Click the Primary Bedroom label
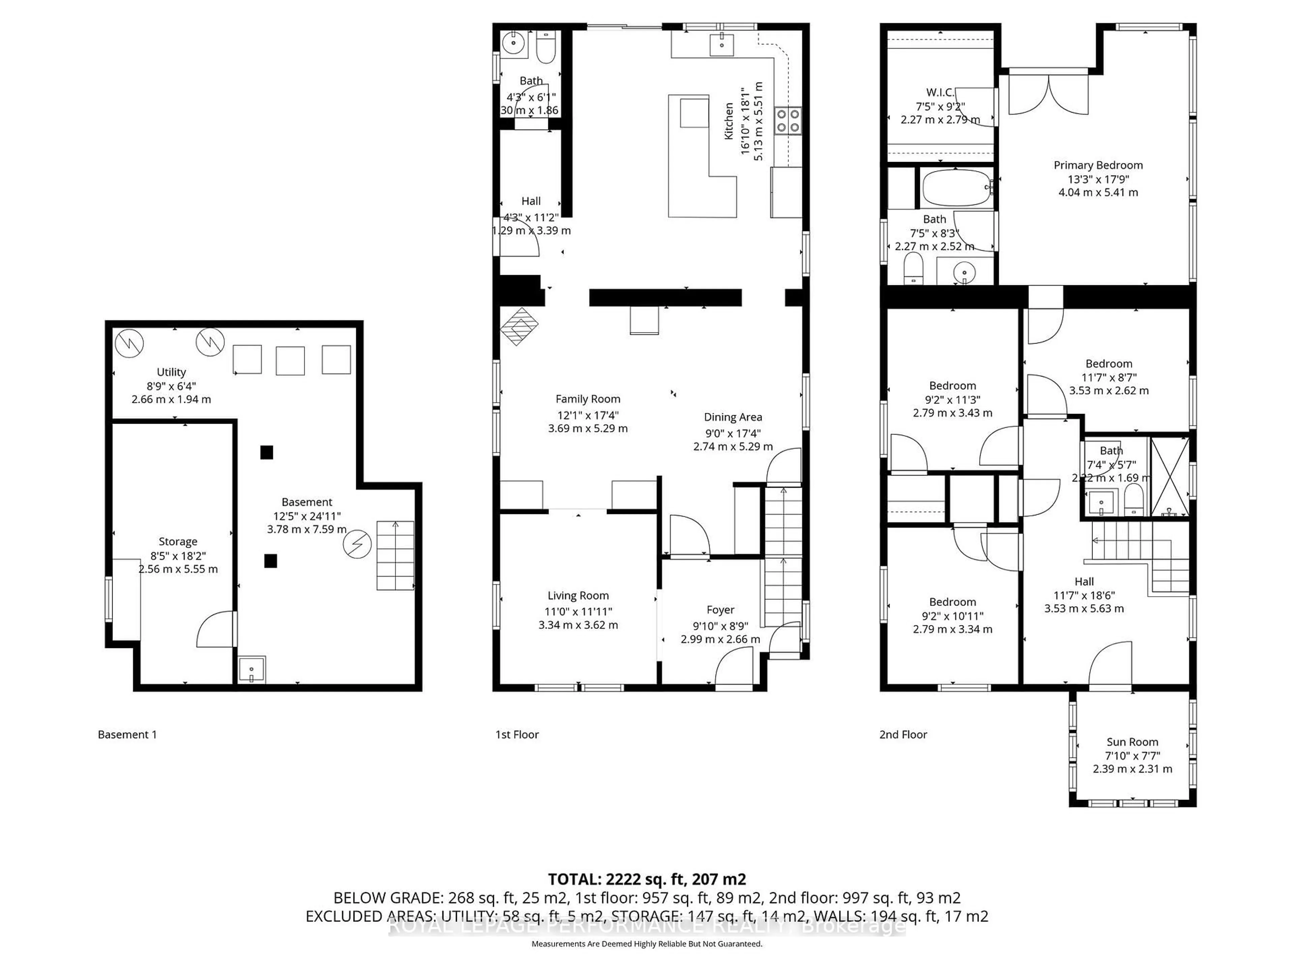point(1098,165)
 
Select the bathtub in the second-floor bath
point(957,188)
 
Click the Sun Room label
point(1132,742)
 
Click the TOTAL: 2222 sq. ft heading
point(646,879)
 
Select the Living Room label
point(578,596)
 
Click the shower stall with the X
point(1169,477)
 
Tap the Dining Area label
point(732,417)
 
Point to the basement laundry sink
point(251,670)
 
